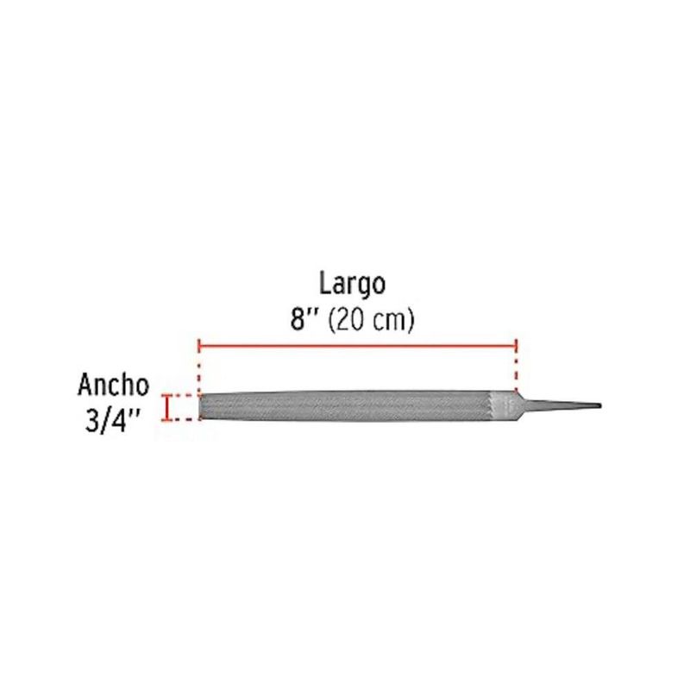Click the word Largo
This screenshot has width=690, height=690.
(x=352, y=285)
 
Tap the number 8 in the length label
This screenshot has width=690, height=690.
(x=298, y=319)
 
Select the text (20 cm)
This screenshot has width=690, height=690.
(x=371, y=320)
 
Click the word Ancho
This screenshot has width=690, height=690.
(x=114, y=385)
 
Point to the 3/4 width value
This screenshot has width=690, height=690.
(x=106, y=421)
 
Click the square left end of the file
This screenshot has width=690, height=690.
(x=201, y=406)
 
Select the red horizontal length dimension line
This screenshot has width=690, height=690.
(x=358, y=347)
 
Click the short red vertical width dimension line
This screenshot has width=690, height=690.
(x=166, y=407)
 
